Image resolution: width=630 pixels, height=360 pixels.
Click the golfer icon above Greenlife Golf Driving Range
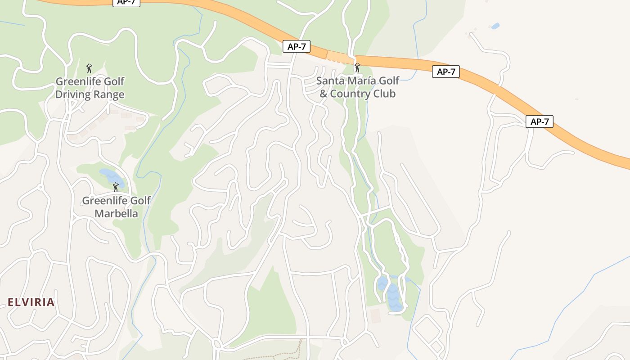[x=89, y=68]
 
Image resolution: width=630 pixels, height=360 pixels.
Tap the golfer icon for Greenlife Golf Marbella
[x=116, y=187]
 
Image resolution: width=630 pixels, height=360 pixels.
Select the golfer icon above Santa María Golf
[x=357, y=68]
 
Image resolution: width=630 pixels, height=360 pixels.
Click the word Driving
[x=73, y=95]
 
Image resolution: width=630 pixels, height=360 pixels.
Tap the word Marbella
[x=116, y=213]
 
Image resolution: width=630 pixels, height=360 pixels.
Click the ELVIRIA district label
[x=31, y=302]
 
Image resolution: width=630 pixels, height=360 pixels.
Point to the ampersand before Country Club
[x=323, y=94]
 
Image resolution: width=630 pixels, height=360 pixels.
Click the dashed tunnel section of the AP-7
[x=340, y=57]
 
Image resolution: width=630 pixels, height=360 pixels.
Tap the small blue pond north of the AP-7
[x=495, y=26]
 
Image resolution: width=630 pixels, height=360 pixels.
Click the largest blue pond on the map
[x=394, y=298]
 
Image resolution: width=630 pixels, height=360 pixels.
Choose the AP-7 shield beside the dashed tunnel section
[x=297, y=46]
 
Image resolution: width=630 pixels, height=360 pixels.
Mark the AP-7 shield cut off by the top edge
[x=126, y=2]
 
